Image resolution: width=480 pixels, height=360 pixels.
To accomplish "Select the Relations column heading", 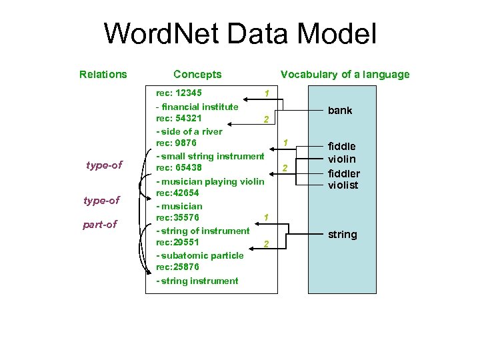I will (103, 75).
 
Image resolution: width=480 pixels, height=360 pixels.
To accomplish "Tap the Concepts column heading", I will (197, 75).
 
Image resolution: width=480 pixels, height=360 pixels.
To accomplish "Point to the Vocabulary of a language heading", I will (345, 75).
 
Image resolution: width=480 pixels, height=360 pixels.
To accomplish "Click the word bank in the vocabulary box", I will (340, 111).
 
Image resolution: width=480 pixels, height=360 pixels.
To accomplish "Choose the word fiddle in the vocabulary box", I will (341, 146).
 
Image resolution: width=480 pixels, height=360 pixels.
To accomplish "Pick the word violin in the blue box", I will (341, 159).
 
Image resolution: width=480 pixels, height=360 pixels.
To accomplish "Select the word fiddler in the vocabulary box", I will (343, 173).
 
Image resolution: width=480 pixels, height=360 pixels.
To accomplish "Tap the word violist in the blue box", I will (343, 185).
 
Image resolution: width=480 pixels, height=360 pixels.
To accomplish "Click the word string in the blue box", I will (342, 235).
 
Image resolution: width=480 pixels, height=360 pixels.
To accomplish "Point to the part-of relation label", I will (99, 224).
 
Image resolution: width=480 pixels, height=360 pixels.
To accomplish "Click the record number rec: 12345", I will (179, 93).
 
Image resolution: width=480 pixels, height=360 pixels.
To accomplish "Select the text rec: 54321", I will (179, 119).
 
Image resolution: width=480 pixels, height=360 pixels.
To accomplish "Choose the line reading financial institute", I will (197, 107).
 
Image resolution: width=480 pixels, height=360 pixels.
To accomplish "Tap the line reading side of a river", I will (189, 131).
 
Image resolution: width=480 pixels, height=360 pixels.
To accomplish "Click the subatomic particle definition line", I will (199, 256).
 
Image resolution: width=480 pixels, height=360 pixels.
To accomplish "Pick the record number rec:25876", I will (177, 267).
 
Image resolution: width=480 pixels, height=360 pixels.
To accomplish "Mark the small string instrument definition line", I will (210, 156).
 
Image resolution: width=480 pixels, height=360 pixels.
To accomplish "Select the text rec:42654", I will (177, 193).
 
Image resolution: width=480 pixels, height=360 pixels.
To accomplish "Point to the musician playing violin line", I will (210, 181).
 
